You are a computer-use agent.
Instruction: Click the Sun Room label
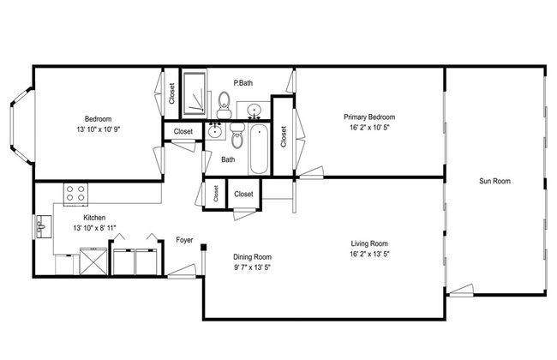pyautogui.click(x=494, y=181)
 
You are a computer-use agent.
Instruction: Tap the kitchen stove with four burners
pyautogui.click(x=75, y=194)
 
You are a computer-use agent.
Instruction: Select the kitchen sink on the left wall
pyautogui.click(x=43, y=227)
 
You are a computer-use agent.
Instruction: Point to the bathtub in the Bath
pyautogui.click(x=259, y=149)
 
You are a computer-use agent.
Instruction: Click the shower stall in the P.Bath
pyautogui.click(x=194, y=93)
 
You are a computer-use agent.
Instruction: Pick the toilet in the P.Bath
pyautogui.click(x=225, y=105)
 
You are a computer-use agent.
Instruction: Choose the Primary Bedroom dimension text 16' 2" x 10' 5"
pyautogui.click(x=369, y=127)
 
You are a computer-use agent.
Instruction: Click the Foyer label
pyautogui.click(x=184, y=240)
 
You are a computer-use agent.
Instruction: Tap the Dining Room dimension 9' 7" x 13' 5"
pyautogui.click(x=252, y=267)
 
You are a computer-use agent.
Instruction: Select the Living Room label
pyautogui.click(x=369, y=243)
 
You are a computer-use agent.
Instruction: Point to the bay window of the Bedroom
pyautogui.click(x=22, y=125)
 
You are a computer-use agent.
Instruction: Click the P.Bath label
pyautogui.click(x=243, y=83)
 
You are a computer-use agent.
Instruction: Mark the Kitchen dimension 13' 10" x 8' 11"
pyautogui.click(x=95, y=228)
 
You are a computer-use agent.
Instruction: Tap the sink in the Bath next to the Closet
pyautogui.click(x=215, y=131)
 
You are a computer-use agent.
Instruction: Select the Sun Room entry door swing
pyautogui.click(x=460, y=290)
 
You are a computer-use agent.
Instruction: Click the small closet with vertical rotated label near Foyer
pyautogui.click(x=216, y=194)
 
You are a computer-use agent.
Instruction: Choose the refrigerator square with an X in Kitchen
pyautogui.click(x=93, y=261)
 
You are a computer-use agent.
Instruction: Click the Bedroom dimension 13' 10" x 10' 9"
pyautogui.click(x=99, y=129)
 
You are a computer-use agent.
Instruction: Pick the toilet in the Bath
pyautogui.click(x=237, y=135)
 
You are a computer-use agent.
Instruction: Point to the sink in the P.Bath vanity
pyautogui.click(x=254, y=110)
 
